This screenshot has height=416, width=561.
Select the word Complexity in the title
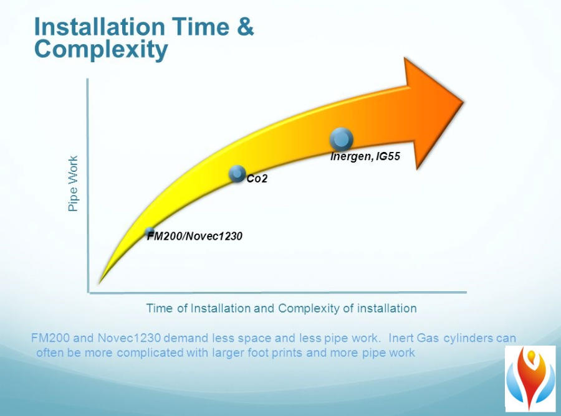point(101,49)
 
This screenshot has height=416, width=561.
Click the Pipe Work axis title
point(73,183)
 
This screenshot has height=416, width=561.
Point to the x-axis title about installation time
point(282,308)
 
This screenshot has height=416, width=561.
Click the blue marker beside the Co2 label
point(237,174)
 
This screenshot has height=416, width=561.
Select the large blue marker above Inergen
point(342,139)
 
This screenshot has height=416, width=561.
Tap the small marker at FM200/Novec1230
point(150,232)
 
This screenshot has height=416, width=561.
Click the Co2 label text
point(257,178)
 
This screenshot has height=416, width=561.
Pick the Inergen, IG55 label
point(365,156)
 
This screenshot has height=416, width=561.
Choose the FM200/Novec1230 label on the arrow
point(195,236)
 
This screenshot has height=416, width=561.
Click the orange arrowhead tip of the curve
point(464,103)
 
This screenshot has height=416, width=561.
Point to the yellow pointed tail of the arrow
point(100,281)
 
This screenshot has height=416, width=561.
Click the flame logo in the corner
point(530,379)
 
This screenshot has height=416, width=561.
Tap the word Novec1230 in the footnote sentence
point(129,338)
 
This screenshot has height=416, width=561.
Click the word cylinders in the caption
point(468,338)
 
